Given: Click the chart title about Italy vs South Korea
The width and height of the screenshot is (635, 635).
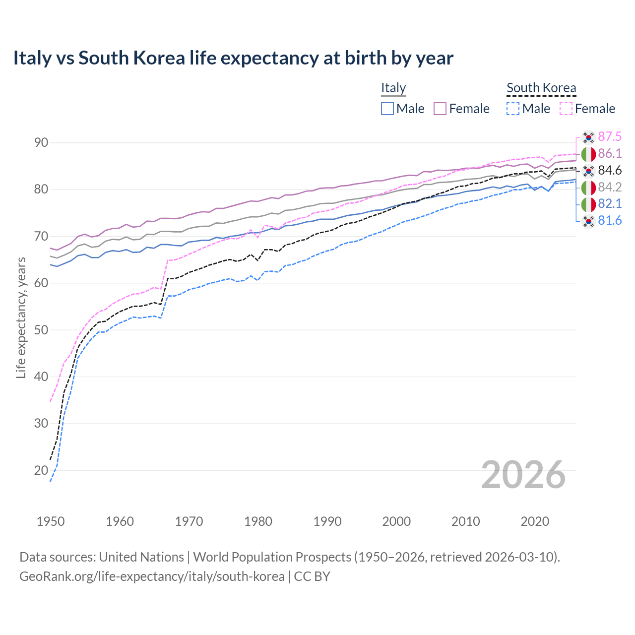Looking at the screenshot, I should (233, 58).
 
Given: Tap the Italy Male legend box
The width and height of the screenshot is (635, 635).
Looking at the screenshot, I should (387, 109).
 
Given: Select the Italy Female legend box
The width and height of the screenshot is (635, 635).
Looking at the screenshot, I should (440, 109).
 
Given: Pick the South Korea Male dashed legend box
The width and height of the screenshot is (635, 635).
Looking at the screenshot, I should (513, 109).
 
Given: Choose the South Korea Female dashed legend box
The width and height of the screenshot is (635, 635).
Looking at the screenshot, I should (566, 109).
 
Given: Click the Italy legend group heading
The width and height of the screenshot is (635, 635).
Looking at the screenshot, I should (393, 88).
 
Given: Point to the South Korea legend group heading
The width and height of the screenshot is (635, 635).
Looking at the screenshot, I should (541, 88).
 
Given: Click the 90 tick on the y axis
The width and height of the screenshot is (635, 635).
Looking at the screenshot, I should (41, 143).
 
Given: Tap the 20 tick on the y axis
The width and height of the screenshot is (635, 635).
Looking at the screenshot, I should (41, 470).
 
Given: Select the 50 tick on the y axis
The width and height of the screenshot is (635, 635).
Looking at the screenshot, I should (41, 330).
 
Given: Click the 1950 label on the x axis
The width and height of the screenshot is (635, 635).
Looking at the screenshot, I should (51, 521).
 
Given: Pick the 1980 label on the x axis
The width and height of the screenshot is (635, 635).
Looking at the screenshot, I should (258, 521).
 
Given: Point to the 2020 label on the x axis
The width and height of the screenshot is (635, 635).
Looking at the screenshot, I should (535, 521).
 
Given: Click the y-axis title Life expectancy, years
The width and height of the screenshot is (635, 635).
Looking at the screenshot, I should (21, 317).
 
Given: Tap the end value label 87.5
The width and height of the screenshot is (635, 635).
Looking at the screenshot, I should (610, 137).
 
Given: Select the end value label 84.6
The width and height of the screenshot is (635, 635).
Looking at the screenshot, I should (610, 171).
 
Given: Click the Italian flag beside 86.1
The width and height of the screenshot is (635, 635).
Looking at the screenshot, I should (588, 154).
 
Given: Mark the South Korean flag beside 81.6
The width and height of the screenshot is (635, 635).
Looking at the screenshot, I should (588, 221).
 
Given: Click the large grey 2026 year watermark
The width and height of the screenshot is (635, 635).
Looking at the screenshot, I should (523, 475).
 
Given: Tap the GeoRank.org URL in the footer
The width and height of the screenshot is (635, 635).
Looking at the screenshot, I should (152, 576).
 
